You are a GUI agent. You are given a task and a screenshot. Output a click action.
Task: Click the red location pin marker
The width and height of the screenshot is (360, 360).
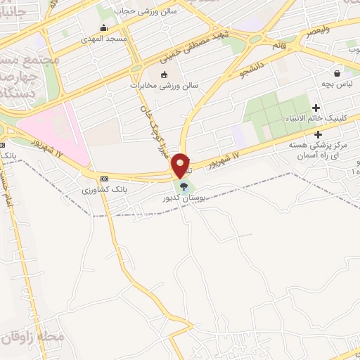(181, 165)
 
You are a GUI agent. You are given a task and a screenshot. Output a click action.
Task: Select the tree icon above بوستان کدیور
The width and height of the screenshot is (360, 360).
(184, 187)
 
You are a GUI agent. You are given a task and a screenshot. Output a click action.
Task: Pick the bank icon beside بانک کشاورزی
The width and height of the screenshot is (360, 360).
(105, 179)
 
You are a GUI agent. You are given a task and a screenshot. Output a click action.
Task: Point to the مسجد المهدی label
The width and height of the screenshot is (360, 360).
(103, 39)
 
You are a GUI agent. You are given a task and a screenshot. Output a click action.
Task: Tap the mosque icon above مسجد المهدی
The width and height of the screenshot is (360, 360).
(103, 28)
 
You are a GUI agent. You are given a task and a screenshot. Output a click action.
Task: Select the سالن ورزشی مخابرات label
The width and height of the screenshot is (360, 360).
(165, 86)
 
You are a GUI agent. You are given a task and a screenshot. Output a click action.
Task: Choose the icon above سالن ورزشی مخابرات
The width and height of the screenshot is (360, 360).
(165, 75)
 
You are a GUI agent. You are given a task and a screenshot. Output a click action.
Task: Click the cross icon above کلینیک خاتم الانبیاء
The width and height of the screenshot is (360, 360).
(316, 108)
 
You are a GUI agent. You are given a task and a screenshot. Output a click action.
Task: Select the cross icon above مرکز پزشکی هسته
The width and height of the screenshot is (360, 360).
(319, 134)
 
